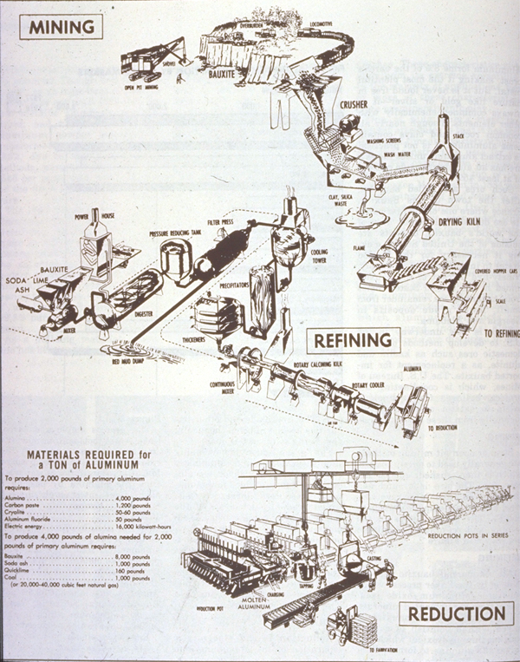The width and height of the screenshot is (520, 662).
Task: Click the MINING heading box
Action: [x=61, y=26]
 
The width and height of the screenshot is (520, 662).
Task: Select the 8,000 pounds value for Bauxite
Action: [x=131, y=556]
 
